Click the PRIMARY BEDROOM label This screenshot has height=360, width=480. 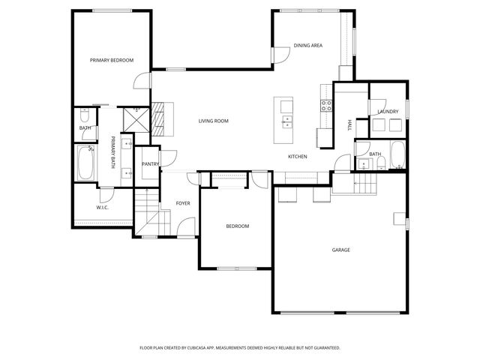pyautogui.click(x=112, y=60)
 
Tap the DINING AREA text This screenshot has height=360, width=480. pyautogui.click(x=307, y=46)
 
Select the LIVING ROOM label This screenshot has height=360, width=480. pyautogui.click(x=213, y=121)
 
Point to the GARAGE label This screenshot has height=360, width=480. pyautogui.click(x=341, y=250)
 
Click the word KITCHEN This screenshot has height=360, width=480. pyautogui.click(x=298, y=156)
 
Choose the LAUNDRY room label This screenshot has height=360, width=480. pyautogui.click(x=388, y=112)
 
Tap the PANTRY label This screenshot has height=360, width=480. pyautogui.click(x=150, y=163)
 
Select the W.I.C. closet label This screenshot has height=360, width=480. pyautogui.click(x=103, y=207)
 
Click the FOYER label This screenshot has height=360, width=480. pyautogui.click(x=183, y=203)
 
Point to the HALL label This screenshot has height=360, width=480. pyautogui.click(x=349, y=126)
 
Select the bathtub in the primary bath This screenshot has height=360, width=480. pyautogui.click(x=83, y=163)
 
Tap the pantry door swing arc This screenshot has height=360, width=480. pyautogui.click(x=171, y=158)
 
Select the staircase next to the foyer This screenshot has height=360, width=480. pyautogui.click(x=148, y=214)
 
